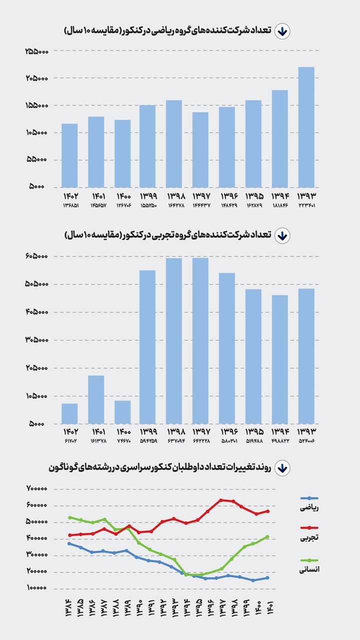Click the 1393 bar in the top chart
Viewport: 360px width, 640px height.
coord(306,127)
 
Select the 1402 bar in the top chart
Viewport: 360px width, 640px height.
coord(69,155)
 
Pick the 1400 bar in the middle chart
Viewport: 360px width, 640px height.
coord(122,412)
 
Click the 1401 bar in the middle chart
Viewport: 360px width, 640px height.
coord(96,399)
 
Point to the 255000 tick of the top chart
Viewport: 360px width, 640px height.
coord(36,51)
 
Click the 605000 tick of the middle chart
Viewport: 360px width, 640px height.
coord(36,256)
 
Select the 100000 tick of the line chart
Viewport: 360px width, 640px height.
coord(37,588)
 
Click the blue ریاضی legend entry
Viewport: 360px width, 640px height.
coord(309,503)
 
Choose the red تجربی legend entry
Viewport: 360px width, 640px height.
coord(309,532)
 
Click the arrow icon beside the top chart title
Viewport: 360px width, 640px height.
coord(282,31)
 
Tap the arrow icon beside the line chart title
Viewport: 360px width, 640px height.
coord(282,468)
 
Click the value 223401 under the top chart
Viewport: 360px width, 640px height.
coord(306,205)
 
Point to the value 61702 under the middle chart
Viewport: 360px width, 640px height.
coord(69,441)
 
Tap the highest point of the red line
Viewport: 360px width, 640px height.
coord(221,500)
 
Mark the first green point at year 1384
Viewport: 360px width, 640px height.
coord(69,517)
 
